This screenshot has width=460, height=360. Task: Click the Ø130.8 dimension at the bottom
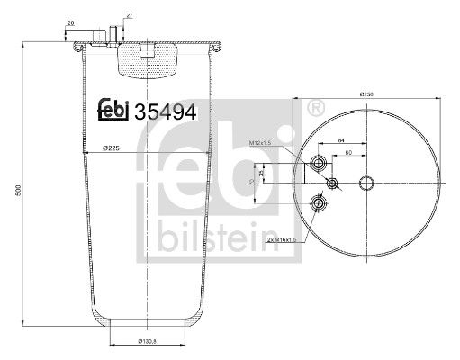tap(149, 341)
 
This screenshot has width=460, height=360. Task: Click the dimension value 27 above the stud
tap(130, 17)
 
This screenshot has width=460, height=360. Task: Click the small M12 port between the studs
tap(333, 184)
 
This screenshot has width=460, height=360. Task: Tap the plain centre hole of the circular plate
tap(367, 184)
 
